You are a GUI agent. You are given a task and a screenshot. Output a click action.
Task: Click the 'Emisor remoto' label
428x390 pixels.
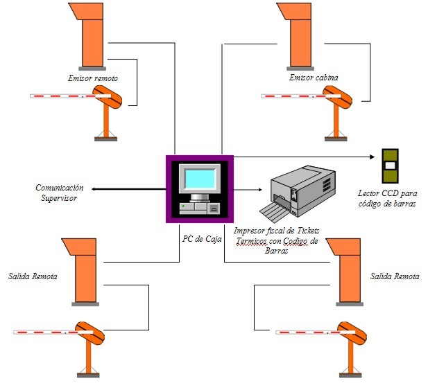93,78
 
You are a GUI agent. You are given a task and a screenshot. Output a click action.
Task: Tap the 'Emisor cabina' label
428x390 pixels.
314,78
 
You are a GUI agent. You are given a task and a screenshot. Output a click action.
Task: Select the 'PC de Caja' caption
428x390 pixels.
202,239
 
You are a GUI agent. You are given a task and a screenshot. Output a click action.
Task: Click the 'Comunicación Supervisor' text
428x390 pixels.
59,193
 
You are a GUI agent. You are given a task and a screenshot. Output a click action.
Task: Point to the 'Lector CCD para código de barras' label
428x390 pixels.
387,198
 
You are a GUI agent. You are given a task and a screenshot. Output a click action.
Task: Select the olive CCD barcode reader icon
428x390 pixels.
390,166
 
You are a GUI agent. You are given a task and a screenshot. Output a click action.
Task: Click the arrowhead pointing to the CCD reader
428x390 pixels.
372,157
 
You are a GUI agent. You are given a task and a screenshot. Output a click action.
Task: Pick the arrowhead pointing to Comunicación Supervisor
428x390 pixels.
94,189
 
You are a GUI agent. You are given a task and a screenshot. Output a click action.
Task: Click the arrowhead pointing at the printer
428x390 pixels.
260,190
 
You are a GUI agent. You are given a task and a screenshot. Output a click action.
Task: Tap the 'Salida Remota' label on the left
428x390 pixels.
33,276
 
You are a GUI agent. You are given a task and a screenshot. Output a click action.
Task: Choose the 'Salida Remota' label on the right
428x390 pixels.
395,276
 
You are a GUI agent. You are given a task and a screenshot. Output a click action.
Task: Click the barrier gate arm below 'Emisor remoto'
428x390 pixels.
71,96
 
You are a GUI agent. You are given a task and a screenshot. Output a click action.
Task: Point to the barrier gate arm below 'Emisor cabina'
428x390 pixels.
301,96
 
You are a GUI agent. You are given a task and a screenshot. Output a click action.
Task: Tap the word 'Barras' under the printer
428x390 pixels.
276,251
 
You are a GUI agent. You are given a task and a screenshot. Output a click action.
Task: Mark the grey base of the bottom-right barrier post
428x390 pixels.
350,375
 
